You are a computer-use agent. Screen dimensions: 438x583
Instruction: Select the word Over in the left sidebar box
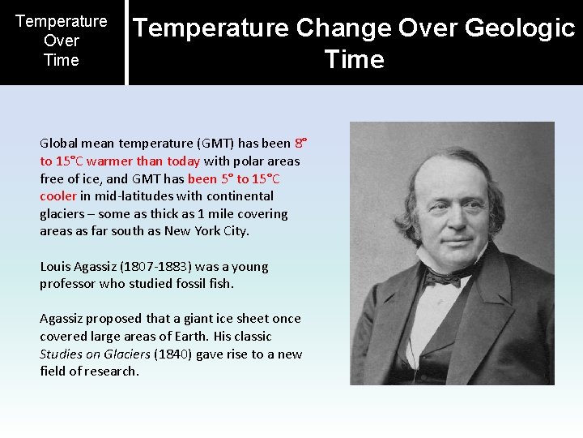[62, 41]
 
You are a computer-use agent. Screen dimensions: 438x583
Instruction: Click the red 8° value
[300, 144]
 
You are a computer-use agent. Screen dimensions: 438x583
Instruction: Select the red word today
[183, 161]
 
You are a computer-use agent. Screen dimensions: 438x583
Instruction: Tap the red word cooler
[58, 196]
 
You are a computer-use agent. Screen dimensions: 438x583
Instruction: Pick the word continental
[240, 196]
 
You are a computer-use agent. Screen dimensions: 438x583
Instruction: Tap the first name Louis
[56, 267]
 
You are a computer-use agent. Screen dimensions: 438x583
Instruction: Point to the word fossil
[192, 284]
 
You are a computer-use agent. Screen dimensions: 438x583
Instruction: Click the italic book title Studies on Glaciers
[95, 354]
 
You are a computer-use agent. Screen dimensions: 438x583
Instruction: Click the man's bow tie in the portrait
[444, 277]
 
